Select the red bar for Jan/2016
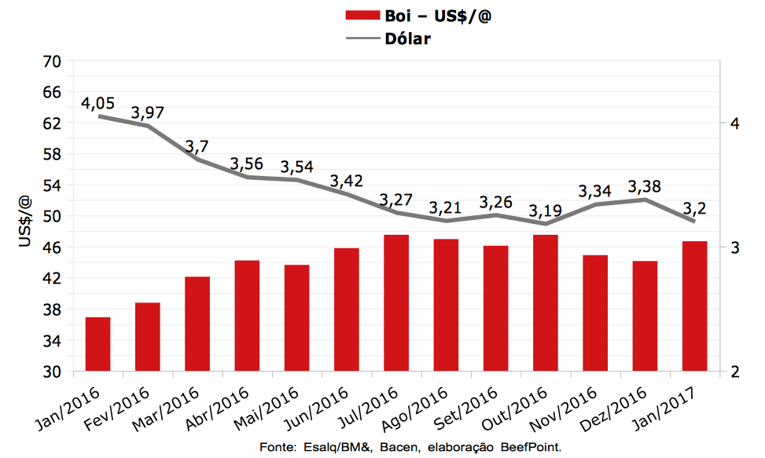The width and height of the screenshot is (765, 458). [97, 344]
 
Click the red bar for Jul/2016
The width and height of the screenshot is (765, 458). [396, 303]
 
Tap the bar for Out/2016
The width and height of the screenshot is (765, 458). [546, 303]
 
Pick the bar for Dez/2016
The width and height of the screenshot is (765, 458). [645, 316]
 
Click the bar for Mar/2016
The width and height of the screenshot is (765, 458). [197, 324]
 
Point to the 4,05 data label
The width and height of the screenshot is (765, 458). [98, 104]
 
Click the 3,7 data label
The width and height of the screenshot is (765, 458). [196, 147]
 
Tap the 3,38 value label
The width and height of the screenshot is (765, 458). [644, 187]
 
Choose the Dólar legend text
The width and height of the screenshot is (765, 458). [408, 38]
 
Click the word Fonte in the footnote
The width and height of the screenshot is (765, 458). [275, 447]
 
